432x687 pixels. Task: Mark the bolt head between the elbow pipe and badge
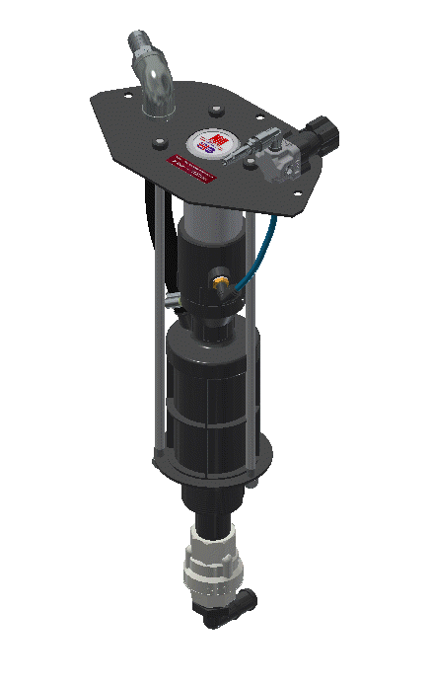214,111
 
